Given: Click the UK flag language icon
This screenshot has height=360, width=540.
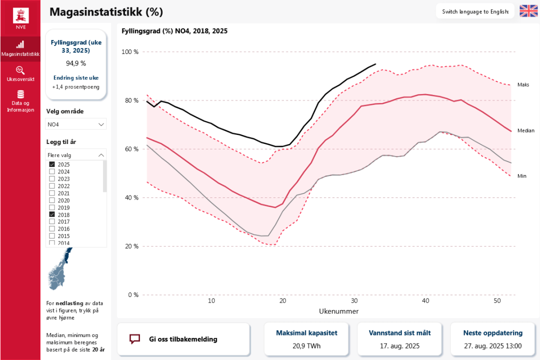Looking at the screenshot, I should click(528, 11).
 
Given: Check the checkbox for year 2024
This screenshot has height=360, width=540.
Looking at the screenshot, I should click(52, 171).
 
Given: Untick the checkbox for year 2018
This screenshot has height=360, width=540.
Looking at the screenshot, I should click(52, 215).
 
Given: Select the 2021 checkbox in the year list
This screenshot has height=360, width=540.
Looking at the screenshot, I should click(52, 193).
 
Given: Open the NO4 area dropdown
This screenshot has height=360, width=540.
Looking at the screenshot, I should click(76, 124).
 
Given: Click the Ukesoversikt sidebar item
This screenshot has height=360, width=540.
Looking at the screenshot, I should click(20, 73).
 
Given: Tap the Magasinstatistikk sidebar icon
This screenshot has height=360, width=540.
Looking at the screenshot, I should click(20, 44).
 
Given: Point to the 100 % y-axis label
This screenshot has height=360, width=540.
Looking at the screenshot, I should click(130, 52).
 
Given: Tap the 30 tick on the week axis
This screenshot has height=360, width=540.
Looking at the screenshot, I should click(354, 301).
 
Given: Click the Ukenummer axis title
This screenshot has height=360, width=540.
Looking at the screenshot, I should click(338, 311).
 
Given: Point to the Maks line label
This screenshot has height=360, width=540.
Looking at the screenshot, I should click(523, 85).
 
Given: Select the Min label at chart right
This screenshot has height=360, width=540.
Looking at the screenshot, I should click(521, 176).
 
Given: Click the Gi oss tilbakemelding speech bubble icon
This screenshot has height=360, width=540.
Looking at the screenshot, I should click(134, 339).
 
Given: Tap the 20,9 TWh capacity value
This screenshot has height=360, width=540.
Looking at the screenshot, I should click(306, 346).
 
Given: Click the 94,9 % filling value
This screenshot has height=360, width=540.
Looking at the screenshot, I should click(76, 63).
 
